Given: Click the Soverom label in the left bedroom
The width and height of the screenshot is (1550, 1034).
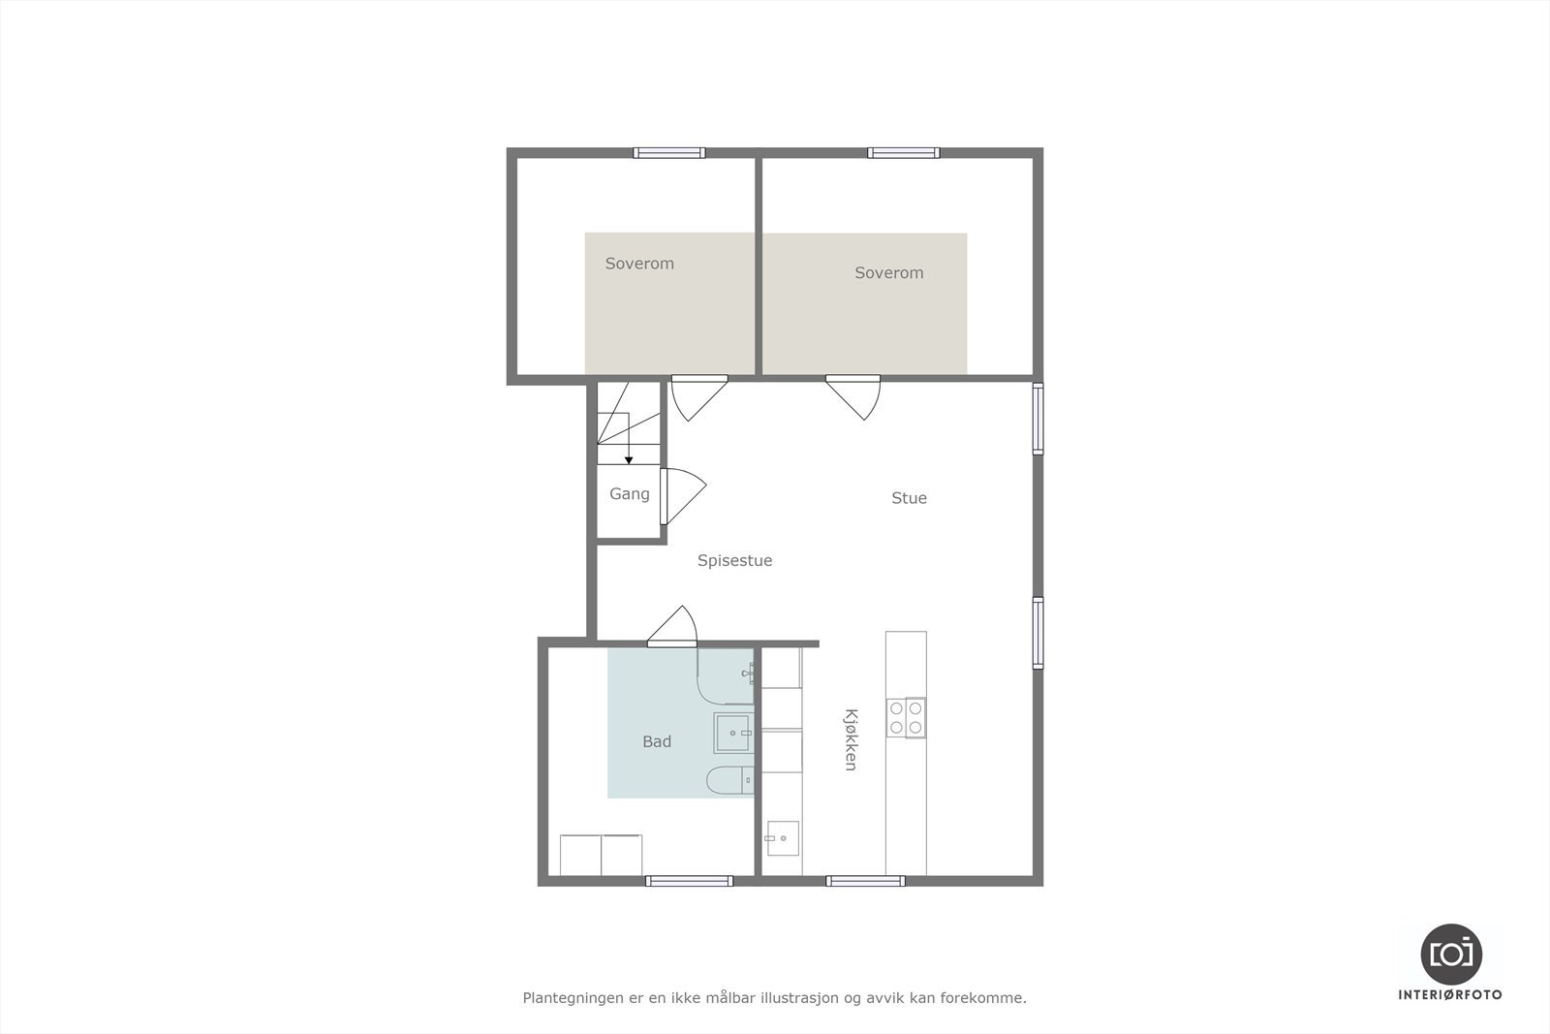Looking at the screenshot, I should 639,264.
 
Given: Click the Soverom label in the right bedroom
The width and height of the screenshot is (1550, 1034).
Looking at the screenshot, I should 888,273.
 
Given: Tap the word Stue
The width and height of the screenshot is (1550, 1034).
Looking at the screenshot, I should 909,498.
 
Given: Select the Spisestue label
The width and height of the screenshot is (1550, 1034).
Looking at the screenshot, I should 734,560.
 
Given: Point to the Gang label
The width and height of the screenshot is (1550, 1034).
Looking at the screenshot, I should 629,494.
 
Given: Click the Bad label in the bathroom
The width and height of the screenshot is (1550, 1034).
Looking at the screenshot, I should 657,741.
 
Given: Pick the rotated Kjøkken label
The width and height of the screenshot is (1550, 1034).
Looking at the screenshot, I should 851,739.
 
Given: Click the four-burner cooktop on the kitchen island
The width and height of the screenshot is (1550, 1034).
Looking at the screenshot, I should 906,718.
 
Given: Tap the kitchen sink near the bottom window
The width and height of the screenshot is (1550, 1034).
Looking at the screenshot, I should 782,839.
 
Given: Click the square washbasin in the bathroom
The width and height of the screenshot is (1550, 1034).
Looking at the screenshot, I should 733,733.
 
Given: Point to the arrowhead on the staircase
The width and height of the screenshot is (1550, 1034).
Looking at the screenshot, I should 629,459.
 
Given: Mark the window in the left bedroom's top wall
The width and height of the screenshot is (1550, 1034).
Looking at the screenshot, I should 669,152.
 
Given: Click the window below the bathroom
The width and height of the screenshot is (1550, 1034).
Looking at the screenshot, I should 689,881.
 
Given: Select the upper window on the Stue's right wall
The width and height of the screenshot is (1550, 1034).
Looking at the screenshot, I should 1038,419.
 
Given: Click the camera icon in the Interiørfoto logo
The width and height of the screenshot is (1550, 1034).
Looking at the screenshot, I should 1450,954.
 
